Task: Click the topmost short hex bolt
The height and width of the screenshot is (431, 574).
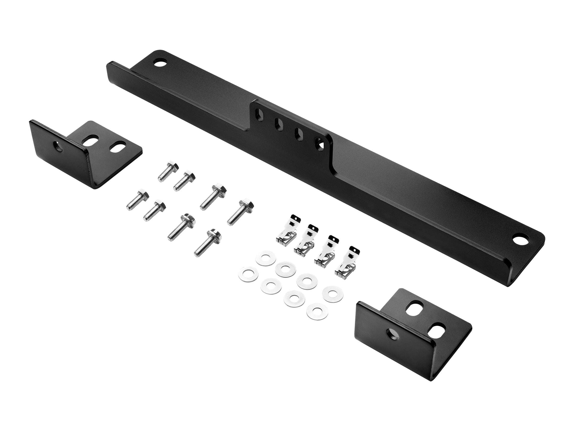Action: point(168,172)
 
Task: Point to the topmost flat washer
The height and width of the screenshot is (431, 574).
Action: point(266,259)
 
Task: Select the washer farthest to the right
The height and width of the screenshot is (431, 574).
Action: point(333,294)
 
